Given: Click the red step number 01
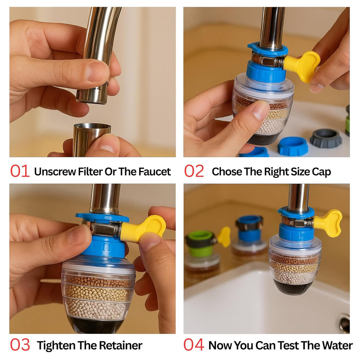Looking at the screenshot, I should point(20,171).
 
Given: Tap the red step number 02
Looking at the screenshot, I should point(194,171).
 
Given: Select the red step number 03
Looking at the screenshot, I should point(20,345).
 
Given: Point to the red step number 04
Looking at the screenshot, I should point(194,345).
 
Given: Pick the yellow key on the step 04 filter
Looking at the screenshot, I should point(328,222).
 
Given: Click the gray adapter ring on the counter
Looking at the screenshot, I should point(326,139).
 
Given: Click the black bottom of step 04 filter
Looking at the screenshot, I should point(292,287).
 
